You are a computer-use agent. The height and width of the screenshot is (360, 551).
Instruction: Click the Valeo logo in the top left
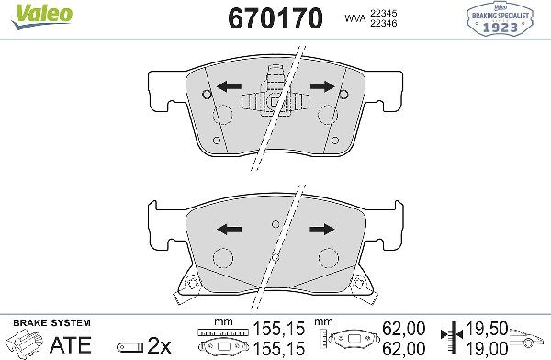(x=41, y=17)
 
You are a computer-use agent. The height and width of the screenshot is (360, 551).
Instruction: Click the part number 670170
(x=275, y=18)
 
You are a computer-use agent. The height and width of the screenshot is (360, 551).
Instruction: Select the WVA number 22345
(x=383, y=14)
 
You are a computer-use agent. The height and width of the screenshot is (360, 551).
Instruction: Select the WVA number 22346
(x=383, y=23)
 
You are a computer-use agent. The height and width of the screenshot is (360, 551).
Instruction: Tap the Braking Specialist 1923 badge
(x=500, y=19)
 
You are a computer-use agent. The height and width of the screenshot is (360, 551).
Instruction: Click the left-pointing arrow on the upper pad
(x=229, y=86)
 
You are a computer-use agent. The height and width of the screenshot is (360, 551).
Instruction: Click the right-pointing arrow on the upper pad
(x=322, y=86)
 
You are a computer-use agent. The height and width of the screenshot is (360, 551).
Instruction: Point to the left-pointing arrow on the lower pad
(x=229, y=230)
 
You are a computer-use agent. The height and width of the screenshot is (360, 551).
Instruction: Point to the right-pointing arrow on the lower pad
(x=322, y=230)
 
